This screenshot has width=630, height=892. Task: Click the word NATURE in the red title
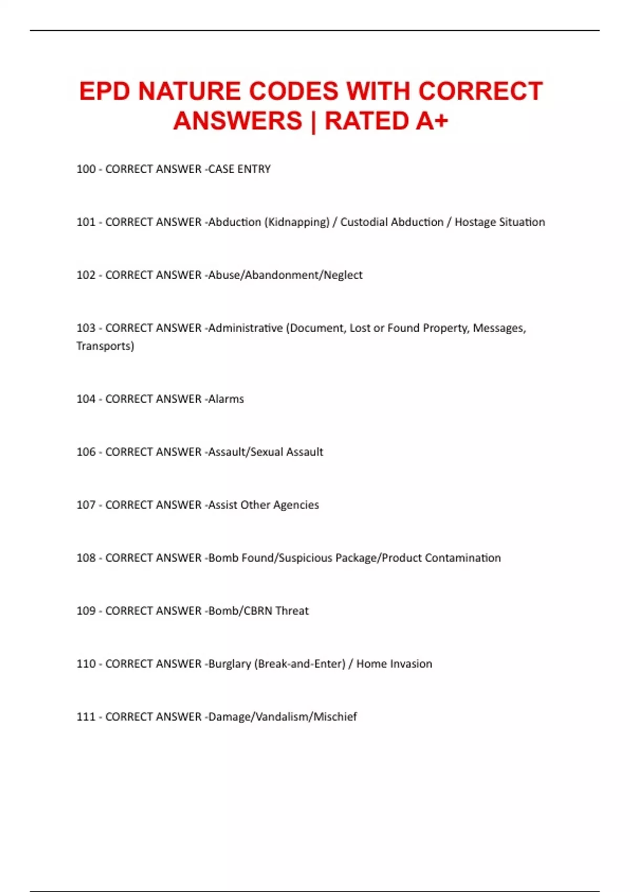pyautogui.click(x=186, y=91)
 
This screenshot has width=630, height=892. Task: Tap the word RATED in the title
pyautogui.click(x=365, y=121)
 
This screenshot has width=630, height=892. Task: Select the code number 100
pyautogui.click(x=86, y=169)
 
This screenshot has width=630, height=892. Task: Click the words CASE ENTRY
pyautogui.click(x=239, y=169)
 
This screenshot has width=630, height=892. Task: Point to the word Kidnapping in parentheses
pyautogui.click(x=297, y=222)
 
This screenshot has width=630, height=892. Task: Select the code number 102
pyautogui.click(x=86, y=275)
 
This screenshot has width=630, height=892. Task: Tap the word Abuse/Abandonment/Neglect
pyautogui.click(x=285, y=275)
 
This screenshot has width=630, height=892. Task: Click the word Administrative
pyautogui.click(x=245, y=328)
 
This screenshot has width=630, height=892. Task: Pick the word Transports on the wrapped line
pyautogui.click(x=105, y=346)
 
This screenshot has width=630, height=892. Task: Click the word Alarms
pyautogui.click(x=226, y=399)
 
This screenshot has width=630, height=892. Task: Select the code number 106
pyautogui.click(x=86, y=452)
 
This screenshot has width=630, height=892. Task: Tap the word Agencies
pyautogui.click(x=296, y=505)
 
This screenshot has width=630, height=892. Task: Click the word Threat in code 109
pyautogui.click(x=292, y=611)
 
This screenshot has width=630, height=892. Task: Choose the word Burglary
pyautogui.click(x=229, y=664)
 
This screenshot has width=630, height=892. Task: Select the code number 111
pyautogui.click(x=86, y=717)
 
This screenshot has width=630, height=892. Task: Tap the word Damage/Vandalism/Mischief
pyautogui.click(x=282, y=717)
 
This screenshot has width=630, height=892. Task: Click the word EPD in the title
pyautogui.click(x=104, y=91)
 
